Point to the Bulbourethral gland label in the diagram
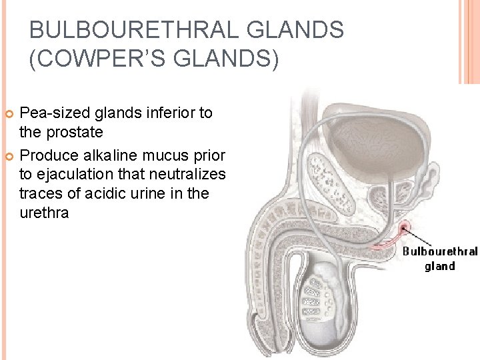pyautogui.click(x=439, y=259)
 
